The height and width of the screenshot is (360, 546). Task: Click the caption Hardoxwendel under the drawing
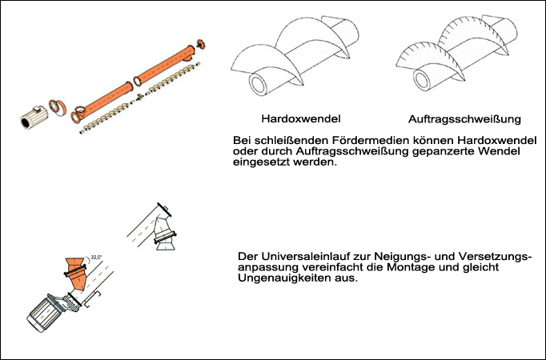click(x=301, y=119)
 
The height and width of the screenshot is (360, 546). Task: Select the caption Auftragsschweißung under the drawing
click(x=464, y=119)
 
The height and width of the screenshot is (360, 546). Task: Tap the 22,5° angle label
click(x=96, y=258)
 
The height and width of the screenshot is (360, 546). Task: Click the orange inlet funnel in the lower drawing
click(x=77, y=274)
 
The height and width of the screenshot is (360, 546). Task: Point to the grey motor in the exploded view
click(x=34, y=118)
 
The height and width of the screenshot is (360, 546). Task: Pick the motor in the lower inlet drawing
click(x=46, y=313)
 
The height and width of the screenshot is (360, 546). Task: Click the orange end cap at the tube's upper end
click(x=201, y=44)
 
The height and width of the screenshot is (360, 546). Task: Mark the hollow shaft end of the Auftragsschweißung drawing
click(x=422, y=80)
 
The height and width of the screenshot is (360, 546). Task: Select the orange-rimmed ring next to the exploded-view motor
click(x=57, y=107)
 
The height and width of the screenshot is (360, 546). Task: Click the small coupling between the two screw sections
click(x=140, y=97)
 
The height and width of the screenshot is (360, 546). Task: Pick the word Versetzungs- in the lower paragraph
click(x=495, y=257)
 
